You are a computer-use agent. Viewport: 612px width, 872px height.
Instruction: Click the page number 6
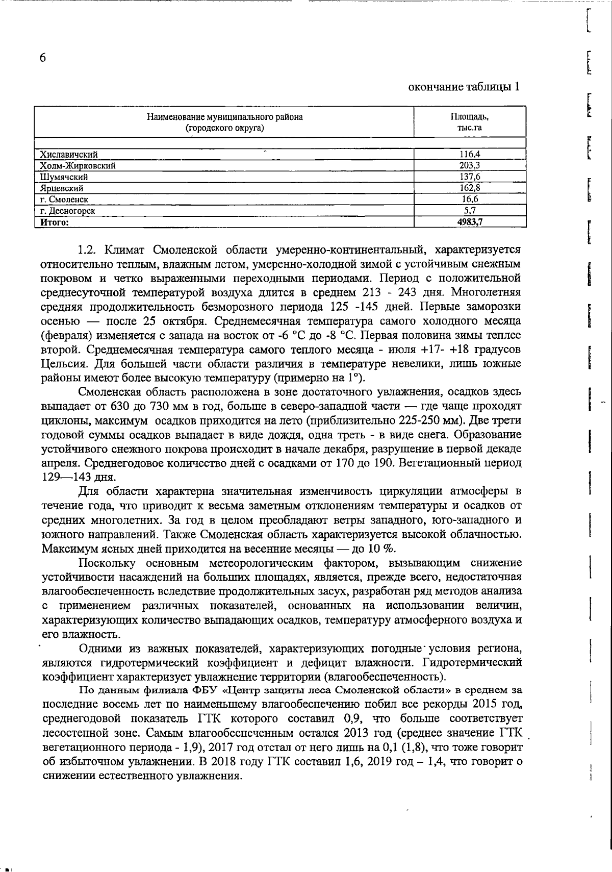43,58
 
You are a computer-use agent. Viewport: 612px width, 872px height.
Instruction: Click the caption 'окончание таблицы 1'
465,87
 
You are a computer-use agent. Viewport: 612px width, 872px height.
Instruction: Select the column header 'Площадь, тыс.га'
470,122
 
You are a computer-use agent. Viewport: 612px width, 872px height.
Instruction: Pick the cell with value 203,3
470,165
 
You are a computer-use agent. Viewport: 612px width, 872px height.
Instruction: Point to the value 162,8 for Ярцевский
470,188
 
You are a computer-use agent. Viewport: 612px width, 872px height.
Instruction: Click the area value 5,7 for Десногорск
470,210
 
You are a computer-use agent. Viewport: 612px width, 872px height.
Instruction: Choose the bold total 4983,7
470,221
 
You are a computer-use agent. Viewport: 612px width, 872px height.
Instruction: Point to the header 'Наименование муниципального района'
224,117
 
